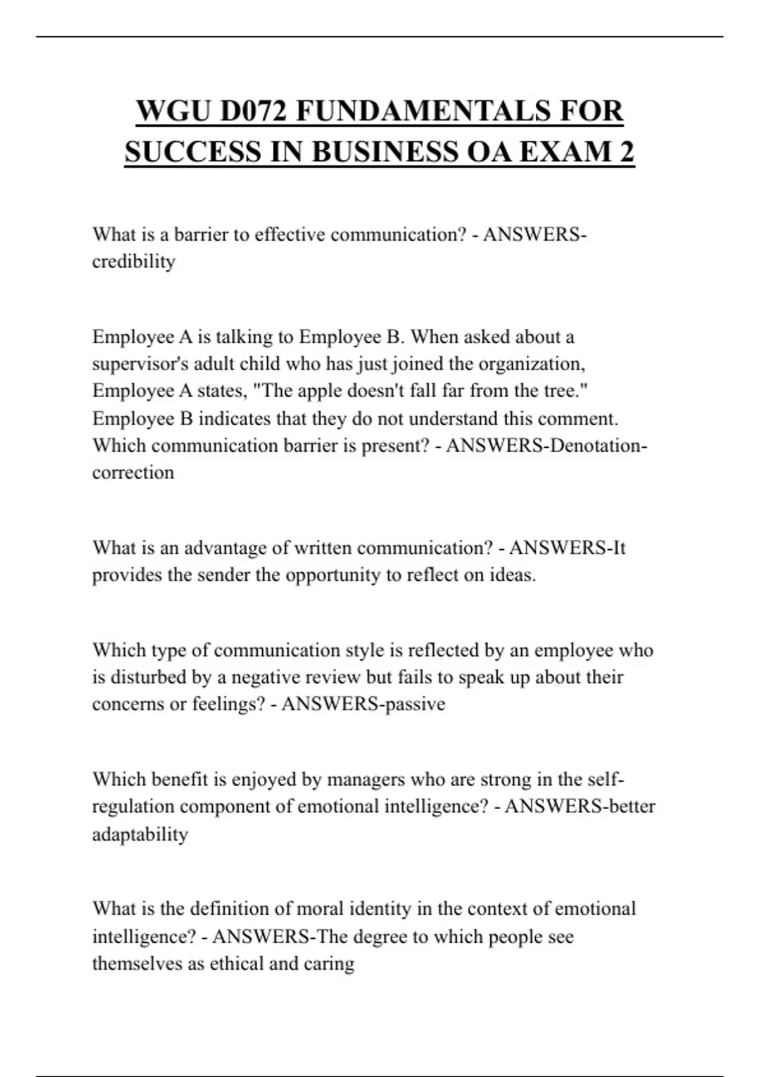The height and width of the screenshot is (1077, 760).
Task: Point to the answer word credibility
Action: tap(134, 261)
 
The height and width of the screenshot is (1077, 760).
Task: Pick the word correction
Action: tap(133, 473)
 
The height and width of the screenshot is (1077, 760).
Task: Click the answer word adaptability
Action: tap(140, 834)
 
